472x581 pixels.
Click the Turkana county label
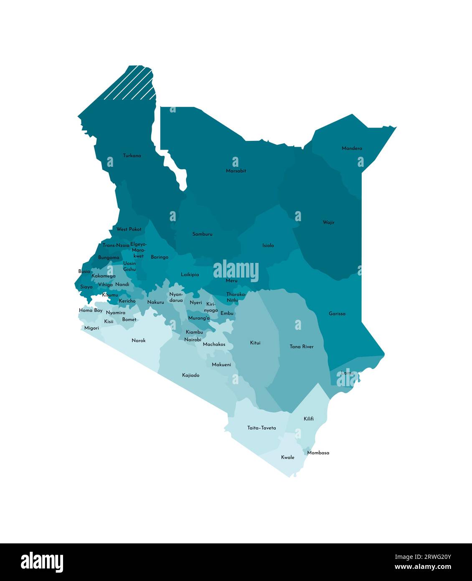point(132,155)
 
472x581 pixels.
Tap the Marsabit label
point(236,171)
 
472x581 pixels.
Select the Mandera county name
point(352,148)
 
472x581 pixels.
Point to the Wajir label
point(328,222)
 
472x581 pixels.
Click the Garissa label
point(337,313)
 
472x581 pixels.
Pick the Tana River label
point(301,347)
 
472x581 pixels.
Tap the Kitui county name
point(255,343)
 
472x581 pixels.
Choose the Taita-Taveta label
point(261,428)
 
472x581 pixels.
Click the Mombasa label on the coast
point(318,453)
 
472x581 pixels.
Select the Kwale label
point(288,457)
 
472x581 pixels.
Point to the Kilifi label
point(309,419)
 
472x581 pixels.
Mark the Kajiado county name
point(191,375)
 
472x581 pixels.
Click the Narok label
point(139,341)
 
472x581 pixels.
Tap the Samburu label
point(202,234)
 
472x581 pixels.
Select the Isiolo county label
point(268,245)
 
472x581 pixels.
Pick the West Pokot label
point(129,229)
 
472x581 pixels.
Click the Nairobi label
point(193,340)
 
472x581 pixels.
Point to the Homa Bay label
point(91,311)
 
